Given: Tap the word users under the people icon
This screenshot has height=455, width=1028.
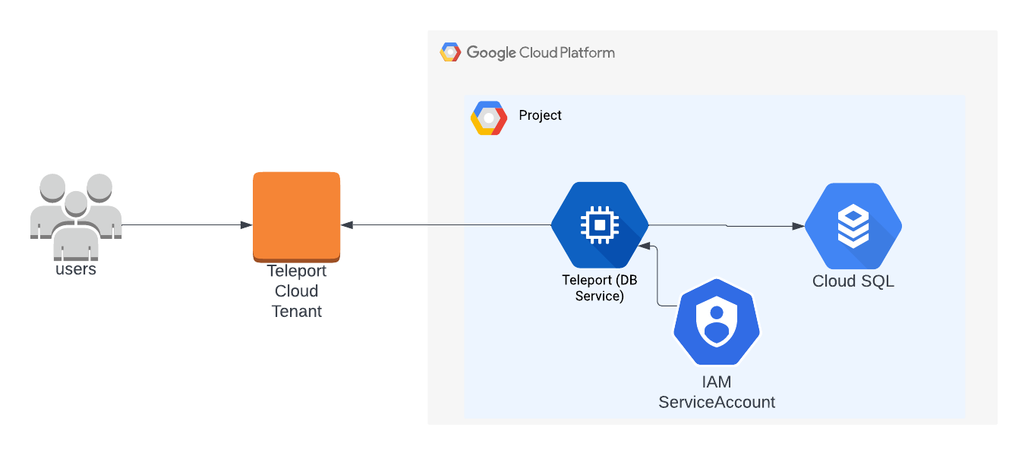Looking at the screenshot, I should click(76, 269).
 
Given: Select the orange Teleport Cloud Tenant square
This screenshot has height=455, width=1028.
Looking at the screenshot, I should click(296, 215).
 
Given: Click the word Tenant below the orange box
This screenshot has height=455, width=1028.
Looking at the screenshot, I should click(297, 311).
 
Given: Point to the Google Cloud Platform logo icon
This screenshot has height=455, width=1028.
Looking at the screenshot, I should click(450, 52).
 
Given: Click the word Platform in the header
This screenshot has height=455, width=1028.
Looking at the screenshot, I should click(587, 52).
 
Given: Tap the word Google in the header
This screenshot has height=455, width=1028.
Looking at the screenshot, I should click(491, 52).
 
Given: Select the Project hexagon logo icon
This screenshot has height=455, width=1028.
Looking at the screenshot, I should click(488, 118).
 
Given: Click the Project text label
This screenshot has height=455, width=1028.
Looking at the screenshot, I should click(540, 115).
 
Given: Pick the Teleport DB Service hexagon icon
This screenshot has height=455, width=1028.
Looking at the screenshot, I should click(600, 224).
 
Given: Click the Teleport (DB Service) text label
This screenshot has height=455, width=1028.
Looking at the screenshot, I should click(600, 288).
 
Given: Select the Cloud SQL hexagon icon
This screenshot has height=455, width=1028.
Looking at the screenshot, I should click(853, 225).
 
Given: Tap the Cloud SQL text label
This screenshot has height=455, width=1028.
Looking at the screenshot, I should click(853, 281).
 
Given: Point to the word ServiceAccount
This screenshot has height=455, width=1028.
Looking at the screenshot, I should click(717, 402).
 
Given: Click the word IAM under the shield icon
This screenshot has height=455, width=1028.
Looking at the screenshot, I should click(717, 382).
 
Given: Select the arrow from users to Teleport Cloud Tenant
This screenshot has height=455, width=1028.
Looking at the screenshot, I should click(186, 225).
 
